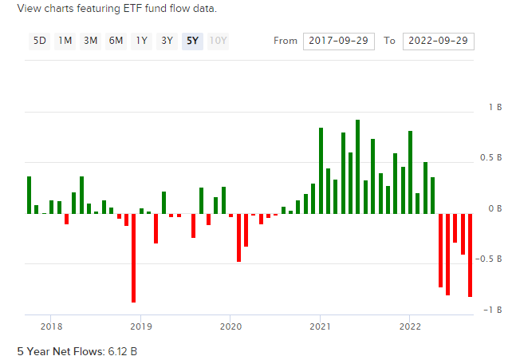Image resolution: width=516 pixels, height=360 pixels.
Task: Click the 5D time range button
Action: tap(40, 42)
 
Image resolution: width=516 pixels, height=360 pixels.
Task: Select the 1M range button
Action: tap(65, 42)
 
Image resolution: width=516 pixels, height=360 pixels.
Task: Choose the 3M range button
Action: tap(90, 42)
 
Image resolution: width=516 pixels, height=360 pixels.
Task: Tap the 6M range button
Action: tap(116, 42)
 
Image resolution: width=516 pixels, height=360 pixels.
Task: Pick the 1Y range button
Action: tap(141, 42)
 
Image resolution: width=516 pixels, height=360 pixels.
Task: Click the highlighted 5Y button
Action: tap(192, 42)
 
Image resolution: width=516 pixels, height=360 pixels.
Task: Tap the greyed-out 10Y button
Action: tap(218, 42)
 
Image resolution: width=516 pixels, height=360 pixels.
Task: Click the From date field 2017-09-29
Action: tap(339, 42)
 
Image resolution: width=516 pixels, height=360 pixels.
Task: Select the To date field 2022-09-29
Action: tap(439, 42)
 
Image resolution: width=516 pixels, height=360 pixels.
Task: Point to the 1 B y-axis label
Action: tap(495, 108)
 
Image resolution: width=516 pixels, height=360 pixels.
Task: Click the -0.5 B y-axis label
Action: tap(489, 259)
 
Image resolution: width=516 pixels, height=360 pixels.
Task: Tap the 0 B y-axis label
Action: tap(495, 208)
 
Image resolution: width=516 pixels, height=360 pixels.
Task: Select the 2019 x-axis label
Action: tap(141, 326)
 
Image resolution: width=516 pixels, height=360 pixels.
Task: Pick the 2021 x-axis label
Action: tap(320, 326)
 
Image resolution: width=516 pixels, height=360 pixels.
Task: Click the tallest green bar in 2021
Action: tap(358, 167)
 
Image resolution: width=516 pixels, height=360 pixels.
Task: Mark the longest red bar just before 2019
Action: tap(134, 258)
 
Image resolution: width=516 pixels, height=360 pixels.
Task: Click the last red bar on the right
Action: tap(471, 255)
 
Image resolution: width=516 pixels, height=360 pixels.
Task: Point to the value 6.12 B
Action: tap(122, 351)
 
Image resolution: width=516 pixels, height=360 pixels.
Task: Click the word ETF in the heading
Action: tap(132, 8)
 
